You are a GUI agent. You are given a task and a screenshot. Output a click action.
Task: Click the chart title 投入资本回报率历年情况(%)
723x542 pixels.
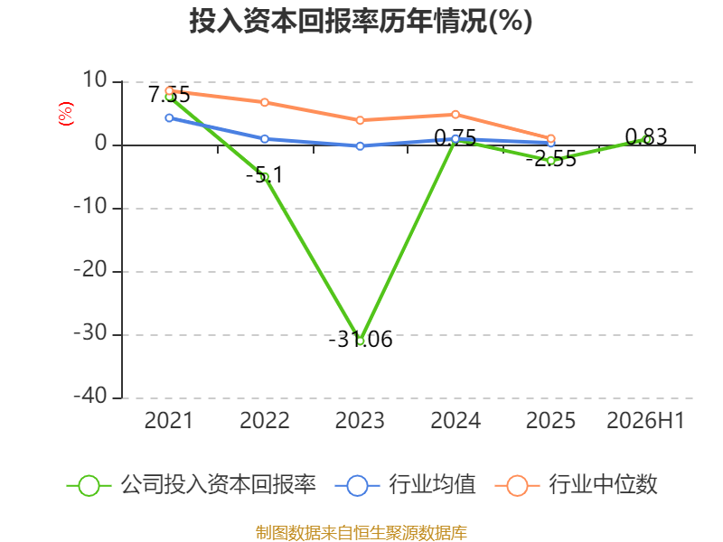pos(361,21)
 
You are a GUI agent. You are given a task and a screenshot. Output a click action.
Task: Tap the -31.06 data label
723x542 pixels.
pos(361,340)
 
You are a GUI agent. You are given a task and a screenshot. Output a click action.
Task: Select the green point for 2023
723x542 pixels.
pos(361,341)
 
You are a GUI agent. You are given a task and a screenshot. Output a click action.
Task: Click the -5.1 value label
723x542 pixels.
pos(264,175)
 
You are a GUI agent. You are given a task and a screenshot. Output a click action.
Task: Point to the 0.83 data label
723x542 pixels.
pos(646,137)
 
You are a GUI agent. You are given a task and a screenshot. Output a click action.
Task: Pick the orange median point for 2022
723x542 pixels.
pos(265,102)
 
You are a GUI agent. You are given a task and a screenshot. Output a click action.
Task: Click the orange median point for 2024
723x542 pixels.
pos(455,115)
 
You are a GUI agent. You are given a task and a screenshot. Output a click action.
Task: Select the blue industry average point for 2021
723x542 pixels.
pos(169,118)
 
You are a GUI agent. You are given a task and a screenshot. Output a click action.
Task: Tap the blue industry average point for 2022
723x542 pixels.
pos(265,139)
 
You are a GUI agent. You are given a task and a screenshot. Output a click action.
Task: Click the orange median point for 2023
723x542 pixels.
pos(360,120)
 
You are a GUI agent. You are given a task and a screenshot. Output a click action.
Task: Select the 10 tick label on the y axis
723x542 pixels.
pos(95,80)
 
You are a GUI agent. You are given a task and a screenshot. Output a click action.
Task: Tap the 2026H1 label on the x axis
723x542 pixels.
pos(645,421)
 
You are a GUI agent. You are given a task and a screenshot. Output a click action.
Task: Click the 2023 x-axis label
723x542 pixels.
pos(360,421)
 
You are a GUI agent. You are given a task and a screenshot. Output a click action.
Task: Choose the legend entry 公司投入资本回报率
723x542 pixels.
pos(192,485)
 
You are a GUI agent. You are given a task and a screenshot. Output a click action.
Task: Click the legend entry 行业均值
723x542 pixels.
pos(405,485)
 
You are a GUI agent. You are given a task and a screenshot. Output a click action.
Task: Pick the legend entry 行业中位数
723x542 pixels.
pos(576,485)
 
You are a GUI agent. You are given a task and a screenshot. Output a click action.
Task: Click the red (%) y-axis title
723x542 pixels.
pos(66,114)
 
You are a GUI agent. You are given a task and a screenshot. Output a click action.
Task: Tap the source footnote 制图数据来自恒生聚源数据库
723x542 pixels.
pos(361,533)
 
